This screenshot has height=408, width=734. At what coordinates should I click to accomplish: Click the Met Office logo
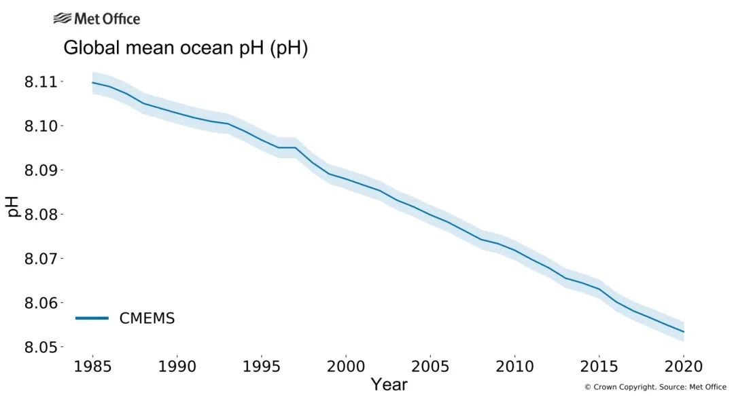coord(97,18)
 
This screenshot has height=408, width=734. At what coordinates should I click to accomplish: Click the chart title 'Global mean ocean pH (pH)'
coord(186,48)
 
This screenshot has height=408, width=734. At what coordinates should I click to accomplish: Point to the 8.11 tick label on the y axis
coord(41,81)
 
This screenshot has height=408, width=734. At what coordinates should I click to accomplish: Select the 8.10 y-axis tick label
coord(41,126)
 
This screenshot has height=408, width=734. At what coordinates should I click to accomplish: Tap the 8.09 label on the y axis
coord(41,170)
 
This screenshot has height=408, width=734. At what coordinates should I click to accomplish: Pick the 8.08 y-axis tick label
coord(41,215)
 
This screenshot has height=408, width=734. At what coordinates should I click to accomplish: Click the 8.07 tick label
coord(41,259)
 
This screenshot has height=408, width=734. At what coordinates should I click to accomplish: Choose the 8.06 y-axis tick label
coord(41,303)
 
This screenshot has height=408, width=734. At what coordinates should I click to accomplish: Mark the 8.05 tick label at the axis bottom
coord(41,347)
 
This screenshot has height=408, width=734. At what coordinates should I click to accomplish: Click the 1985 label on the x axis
coord(93,366)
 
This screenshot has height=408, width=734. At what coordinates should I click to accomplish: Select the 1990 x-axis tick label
coord(177,366)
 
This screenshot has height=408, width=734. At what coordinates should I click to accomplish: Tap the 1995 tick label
coord(262,366)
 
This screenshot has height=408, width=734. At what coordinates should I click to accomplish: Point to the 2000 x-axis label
coord(346,366)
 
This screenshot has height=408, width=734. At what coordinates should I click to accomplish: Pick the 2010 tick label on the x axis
coord(514,366)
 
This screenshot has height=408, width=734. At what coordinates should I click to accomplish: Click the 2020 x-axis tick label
coord(682,366)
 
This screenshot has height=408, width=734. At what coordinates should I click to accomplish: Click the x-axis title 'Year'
coord(389,385)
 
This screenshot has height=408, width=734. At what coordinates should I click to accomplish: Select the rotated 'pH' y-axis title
coord(14,206)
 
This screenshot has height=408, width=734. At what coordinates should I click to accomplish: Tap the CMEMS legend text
coord(147,318)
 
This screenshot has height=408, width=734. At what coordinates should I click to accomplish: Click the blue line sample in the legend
coord(92,318)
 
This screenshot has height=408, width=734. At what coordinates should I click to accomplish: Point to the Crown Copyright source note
coord(654,387)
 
